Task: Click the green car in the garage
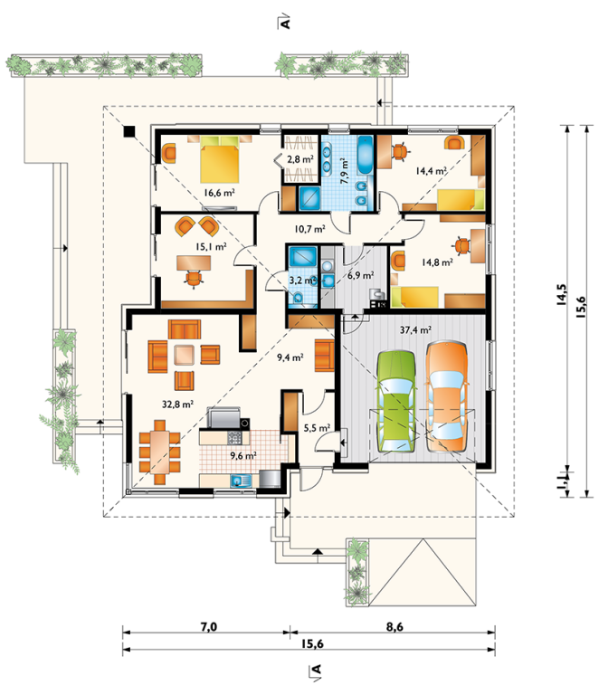click(x=396, y=402)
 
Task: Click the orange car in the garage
click(x=447, y=396)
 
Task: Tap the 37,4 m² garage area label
click(x=415, y=329)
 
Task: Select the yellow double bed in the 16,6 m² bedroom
click(x=220, y=159)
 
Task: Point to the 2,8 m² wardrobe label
click(x=299, y=159)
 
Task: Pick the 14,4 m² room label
click(x=430, y=170)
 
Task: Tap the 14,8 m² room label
click(x=437, y=262)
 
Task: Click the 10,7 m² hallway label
click(x=309, y=229)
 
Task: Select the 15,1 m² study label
click(x=212, y=246)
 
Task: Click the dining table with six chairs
click(x=159, y=452)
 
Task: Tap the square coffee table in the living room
click(x=184, y=355)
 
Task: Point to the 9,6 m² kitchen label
click(x=242, y=455)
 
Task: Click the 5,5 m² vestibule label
click(x=317, y=428)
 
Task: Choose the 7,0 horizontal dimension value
click(x=209, y=627)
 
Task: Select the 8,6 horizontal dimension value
click(x=395, y=627)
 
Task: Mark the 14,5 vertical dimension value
click(x=561, y=295)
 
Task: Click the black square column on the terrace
click(x=128, y=131)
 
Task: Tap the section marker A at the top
click(x=284, y=22)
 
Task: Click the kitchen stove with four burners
click(x=234, y=437)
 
